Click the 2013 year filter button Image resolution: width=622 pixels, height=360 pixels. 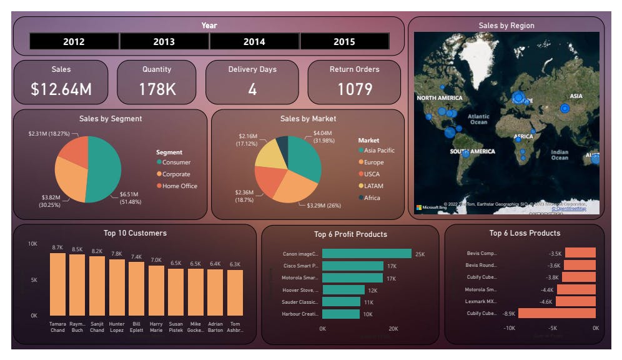point(164,42)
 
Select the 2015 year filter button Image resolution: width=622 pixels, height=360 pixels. point(344,42)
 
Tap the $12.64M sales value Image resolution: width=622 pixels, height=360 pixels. point(61,89)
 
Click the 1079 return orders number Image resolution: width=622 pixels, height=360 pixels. point(355,89)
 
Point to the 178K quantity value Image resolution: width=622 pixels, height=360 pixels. point(157,89)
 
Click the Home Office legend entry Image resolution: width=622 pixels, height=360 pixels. point(179,186)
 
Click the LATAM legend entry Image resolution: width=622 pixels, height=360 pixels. point(374,186)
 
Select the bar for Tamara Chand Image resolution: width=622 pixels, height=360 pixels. point(57,284)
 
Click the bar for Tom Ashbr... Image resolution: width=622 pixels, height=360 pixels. point(235,292)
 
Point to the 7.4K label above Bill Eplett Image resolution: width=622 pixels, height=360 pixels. point(137,257)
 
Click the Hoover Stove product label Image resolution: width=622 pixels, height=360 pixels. point(300,290)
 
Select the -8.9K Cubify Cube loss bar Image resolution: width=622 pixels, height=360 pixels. point(557,313)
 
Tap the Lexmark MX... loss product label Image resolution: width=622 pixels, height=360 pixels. point(480,301)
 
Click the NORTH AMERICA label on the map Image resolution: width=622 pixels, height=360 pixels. point(440,98)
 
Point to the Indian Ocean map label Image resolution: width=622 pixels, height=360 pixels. point(560,155)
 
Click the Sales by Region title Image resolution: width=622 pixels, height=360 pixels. point(506,26)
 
